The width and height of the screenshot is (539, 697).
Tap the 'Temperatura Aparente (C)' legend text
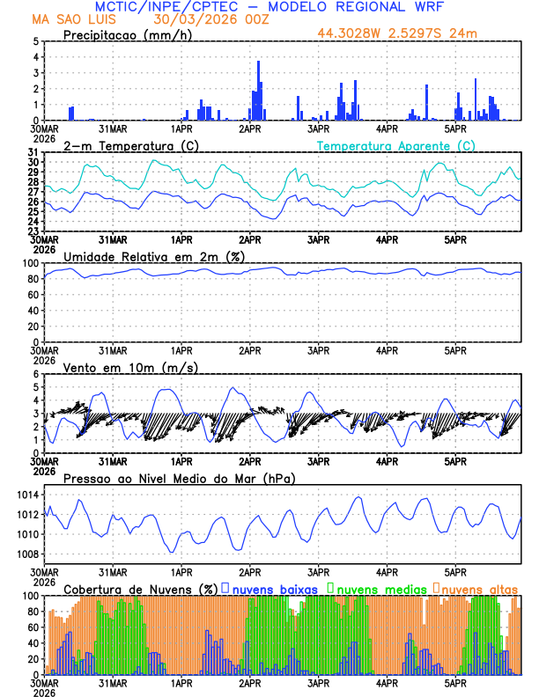pyautogui.click(x=396, y=145)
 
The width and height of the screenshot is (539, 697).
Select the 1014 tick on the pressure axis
pyautogui.click(x=27, y=495)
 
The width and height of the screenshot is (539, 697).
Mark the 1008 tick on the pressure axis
pyautogui.click(x=27, y=554)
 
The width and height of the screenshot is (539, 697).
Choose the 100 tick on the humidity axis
pyautogui.click(x=31, y=263)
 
